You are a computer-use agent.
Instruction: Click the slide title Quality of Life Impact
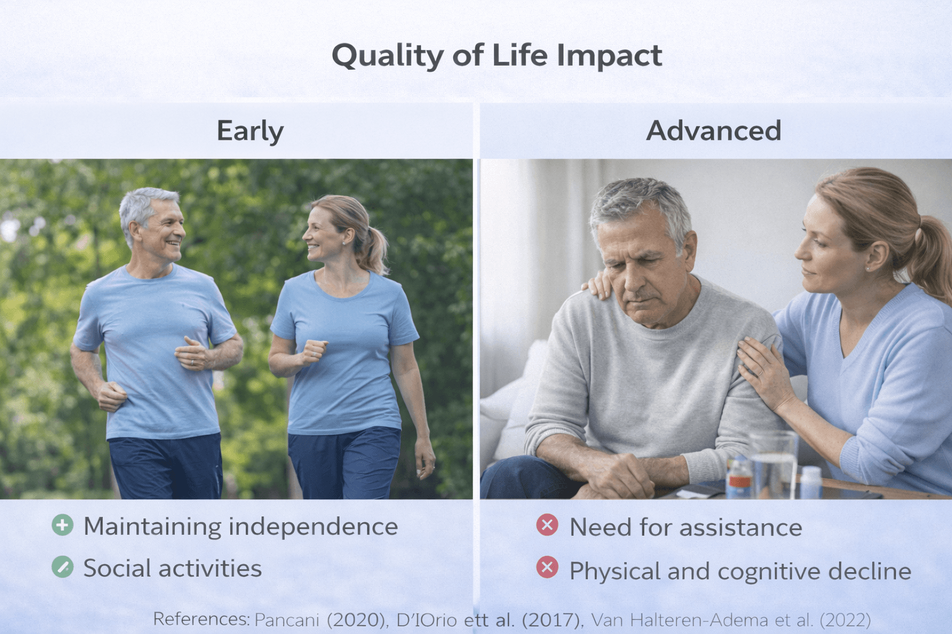[496, 56]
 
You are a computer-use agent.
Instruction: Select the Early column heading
[250, 131]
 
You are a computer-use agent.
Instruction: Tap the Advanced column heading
[713, 131]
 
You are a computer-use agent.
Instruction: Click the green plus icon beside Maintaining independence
[63, 525]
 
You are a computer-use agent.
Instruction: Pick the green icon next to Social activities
[63, 567]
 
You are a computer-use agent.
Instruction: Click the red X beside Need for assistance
[547, 525]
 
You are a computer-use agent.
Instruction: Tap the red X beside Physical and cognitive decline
[547, 567]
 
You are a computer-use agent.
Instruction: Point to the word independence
[313, 527]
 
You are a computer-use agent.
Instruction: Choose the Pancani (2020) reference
[320, 620]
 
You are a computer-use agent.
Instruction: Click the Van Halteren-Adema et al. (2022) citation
[731, 620]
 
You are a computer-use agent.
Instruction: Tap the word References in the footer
[200, 619]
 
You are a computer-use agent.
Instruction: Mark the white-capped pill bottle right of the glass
[811, 482]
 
